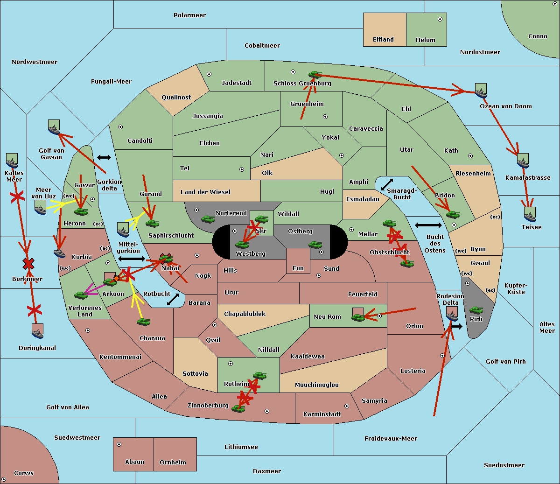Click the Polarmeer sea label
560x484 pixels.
189,15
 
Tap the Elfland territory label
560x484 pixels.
383,40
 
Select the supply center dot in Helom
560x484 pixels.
440,19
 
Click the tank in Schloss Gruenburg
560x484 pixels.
315,74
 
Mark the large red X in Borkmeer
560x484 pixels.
28,264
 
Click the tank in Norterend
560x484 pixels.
208,219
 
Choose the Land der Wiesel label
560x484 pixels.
205,192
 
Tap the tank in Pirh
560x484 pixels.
476,310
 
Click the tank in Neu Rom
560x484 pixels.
358,317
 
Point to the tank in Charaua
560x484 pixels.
143,322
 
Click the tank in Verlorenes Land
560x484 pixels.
81,295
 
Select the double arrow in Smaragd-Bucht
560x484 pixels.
387,184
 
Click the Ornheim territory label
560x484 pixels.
173,462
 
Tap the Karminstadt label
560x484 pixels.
322,414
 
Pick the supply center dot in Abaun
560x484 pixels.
119,444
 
